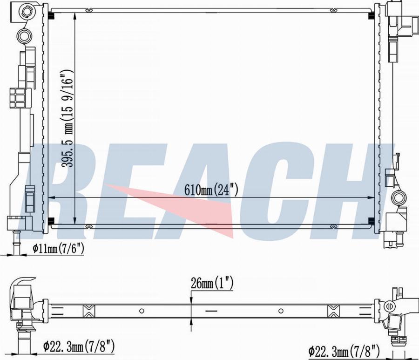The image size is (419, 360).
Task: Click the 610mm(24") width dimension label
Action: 211,190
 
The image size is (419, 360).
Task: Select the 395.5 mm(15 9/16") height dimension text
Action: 67,118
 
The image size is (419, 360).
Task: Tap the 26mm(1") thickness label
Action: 212,284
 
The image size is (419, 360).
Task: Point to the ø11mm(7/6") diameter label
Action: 58,249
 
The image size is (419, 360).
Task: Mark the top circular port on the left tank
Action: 27,12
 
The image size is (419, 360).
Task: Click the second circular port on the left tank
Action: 25,35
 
